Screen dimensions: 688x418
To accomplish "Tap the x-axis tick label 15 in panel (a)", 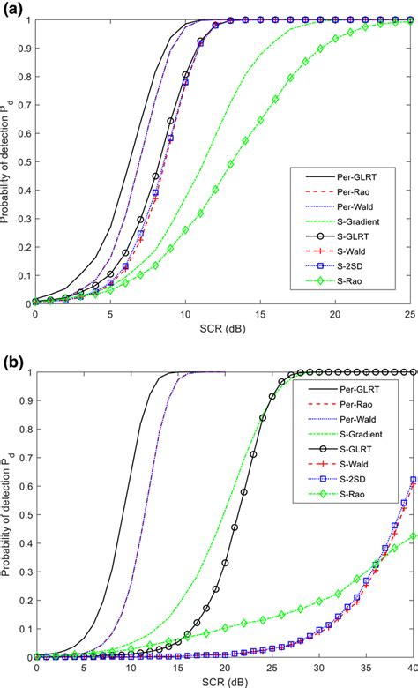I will pos(259,315).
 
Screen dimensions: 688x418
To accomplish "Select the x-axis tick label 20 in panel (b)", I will pos(224,666).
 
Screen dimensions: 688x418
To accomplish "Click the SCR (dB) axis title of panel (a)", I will pos(221,328).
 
